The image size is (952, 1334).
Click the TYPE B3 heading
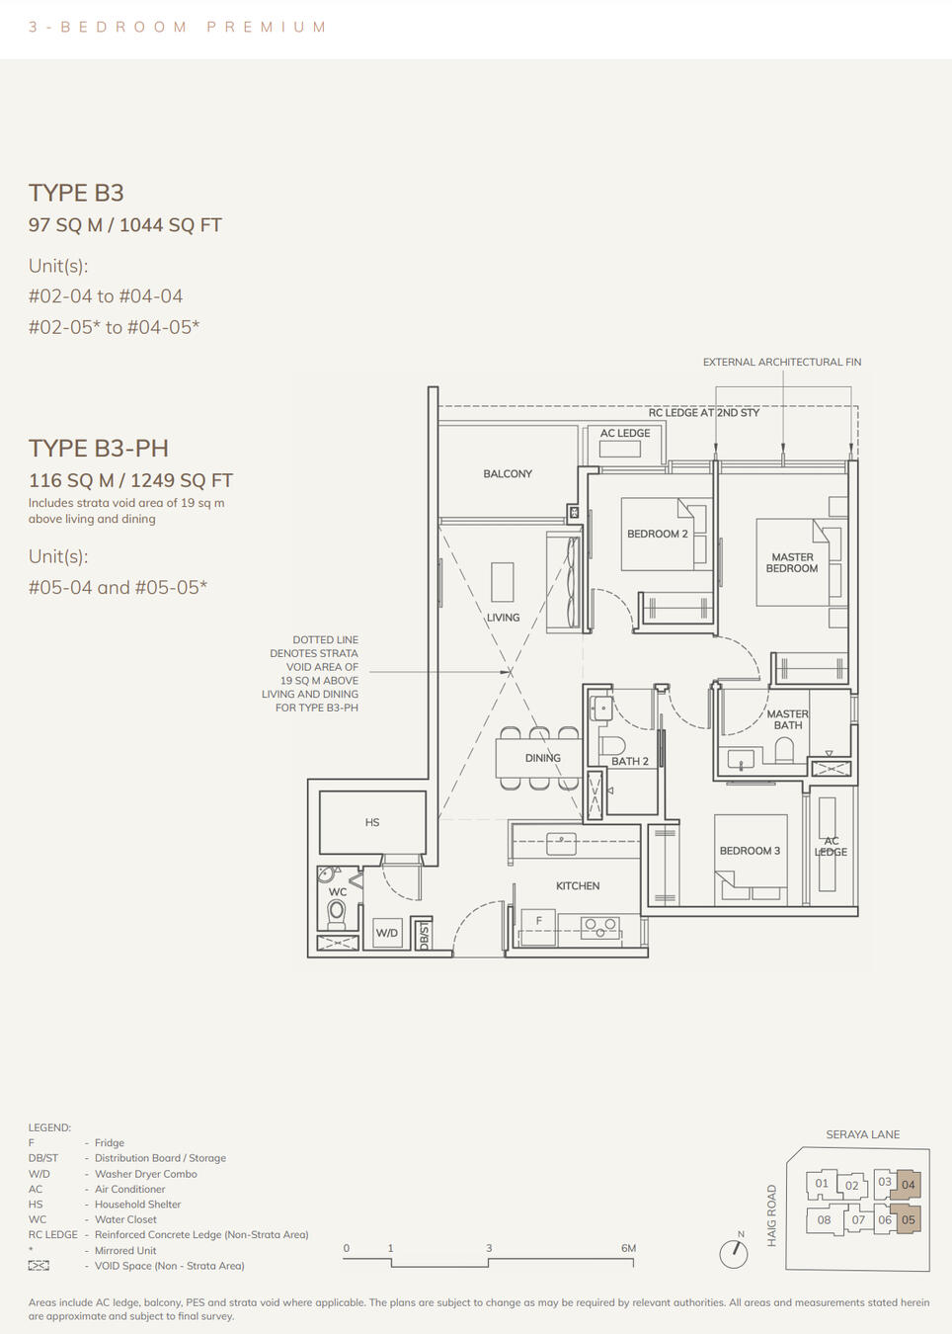pyautogui.click(x=76, y=193)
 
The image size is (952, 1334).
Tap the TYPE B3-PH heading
pyautogui.click(x=98, y=448)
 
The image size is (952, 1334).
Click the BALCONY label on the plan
pyautogui.click(x=508, y=474)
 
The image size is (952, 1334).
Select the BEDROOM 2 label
pyautogui.click(x=657, y=534)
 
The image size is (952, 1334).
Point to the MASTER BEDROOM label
pyautogui.click(x=792, y=562)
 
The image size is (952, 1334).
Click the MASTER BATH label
pyautogui.click(x=787, y=719)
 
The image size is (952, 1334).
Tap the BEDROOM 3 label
pyautogui.click(x=750, y=851)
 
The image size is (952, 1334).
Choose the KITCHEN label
pyautogui.click(x=578, y=886)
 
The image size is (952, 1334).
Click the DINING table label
pyautogui.click(x=542, y=758)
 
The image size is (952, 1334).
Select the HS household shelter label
pyautogui.click(x=372, y=822)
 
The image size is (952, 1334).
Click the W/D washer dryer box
pyautogui.click(x=387, y=933)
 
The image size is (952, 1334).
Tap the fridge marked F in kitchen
pyautogui.click(x=538, y=922)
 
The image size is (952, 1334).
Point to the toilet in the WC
pyautogui.click(x=337, y=911)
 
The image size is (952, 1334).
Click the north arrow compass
pyautogui.click(x=734, y=1253)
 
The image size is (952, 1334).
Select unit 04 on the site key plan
pyautogui.click(x=909, y=1184)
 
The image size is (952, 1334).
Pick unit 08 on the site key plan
pyautogui.click(x=824, y=1219)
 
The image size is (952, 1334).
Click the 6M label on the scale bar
pyautogui.click(x=628, y=1248)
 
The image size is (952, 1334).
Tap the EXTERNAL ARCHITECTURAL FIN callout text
pyautogui.click(x=781, y=363)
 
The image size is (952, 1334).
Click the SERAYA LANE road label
pyautogui.click(x=862, y=1134)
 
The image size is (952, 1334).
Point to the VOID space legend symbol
pyautogui.click(x=39, y=1266)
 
